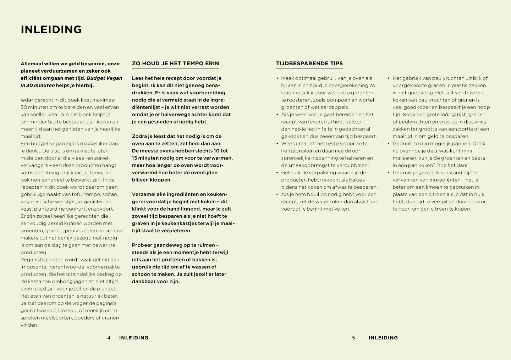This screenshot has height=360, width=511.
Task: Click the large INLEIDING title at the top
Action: tap(51, 29)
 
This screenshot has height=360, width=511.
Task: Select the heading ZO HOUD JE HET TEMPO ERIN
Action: tap(175, 63)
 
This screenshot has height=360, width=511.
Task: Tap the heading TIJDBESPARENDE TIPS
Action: tap(309, 63)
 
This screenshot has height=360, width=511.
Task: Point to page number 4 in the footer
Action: tap(109, 338)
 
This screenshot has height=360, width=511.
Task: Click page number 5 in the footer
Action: tap(353, 338)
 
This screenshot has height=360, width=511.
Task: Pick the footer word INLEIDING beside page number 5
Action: tap(383, 338)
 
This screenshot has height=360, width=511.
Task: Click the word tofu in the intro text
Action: tap(77, 194)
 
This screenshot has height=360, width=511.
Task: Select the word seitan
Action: tap(110, 194)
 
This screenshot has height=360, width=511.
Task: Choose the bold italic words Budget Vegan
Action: tap(104, 78)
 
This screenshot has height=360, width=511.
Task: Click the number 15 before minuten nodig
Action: tap(135, 158)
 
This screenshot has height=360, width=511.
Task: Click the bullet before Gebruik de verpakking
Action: tap(277, 173)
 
